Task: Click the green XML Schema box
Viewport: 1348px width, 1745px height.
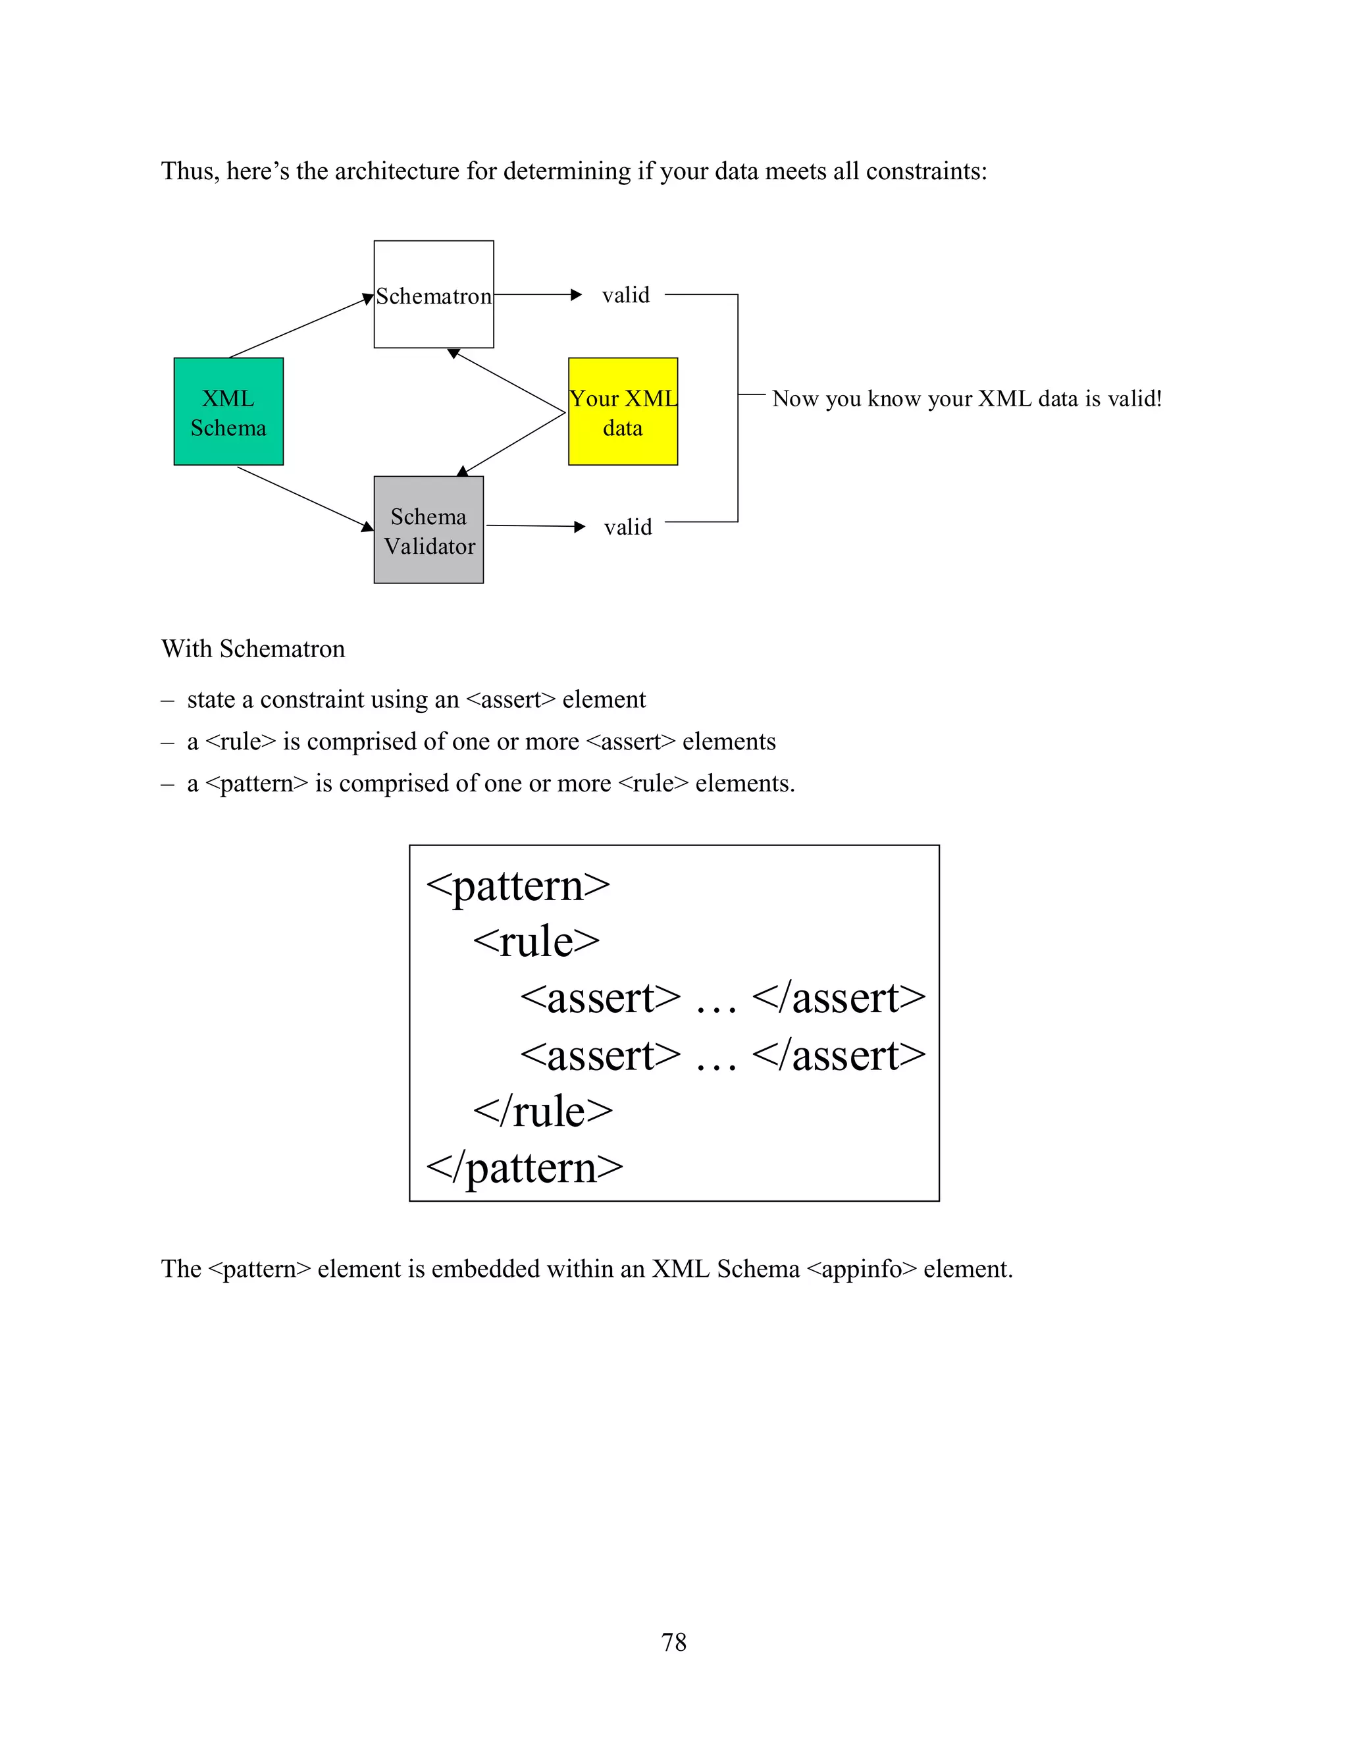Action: click(228, 412)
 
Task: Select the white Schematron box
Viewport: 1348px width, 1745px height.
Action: click(434, 294)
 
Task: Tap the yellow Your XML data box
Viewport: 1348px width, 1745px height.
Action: click(623, 412)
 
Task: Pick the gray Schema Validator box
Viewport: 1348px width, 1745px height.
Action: click(429, 529)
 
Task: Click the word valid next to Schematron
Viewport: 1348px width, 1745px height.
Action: click(625, 295)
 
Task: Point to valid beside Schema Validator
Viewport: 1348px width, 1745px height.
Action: click(628, 527)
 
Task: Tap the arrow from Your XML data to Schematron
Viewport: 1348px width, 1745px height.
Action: click(506, 381)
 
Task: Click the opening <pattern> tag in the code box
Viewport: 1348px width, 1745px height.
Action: click(517, 886)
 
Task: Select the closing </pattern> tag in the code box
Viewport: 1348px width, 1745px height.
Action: click(524, 1168)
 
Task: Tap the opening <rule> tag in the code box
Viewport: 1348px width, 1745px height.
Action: click(536, 941)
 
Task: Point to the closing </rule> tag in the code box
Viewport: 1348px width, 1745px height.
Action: click(542, 1112)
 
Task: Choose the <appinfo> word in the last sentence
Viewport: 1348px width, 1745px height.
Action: click(862, 1269)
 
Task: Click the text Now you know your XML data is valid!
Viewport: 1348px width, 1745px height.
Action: click(966, 398)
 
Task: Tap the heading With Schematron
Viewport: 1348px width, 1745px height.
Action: click(253, 649)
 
